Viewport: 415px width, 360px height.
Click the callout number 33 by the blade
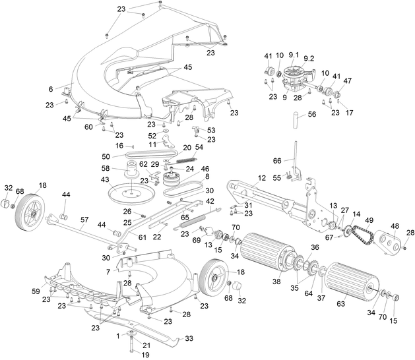[x=189, y=338]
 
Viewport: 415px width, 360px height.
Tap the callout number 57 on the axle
[x=84, y=220]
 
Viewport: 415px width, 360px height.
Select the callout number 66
[x=277, y=161]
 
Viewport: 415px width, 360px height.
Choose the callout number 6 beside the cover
[x=50, y=89]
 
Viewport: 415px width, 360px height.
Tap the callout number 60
[x=89, y=127]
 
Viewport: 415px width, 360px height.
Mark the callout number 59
[x=36, y=290]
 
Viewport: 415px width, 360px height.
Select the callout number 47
[x=348, y=80]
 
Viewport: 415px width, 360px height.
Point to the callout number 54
[x=199, y=147]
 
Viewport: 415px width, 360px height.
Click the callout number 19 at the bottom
[x=137, y=354]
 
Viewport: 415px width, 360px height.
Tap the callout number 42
[x=210, y=201]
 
